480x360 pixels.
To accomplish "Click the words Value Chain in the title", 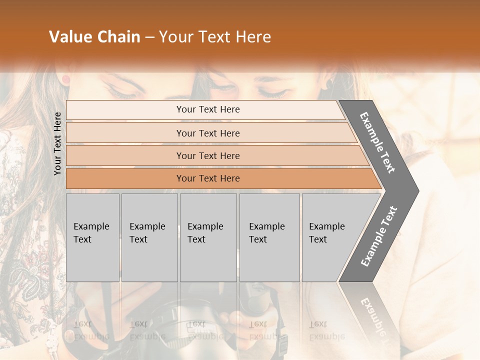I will pyautogui.click(x=94, y=37).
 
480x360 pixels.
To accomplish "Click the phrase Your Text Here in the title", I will pyautogui.click(x=215, y=37).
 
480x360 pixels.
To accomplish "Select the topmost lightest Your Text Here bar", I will pyautogui.click(x=208, y=109).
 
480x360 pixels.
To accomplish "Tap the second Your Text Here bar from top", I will pyautogui.click(x=208, y=133).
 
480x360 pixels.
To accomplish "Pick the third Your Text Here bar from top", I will pyautogui.click(x=208, y=155).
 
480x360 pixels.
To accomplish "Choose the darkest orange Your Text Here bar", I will pyautogui.click(x=208, y=178).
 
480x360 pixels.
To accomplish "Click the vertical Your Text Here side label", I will pyautogui.click(x=57, y=143).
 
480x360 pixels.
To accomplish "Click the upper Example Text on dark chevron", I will pyautogui.click(x=378, y=142).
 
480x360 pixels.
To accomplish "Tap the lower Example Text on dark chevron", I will pyautogui.click(x=379, y=236).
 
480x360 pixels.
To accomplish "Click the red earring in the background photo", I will pyautogui.click(x=65, y=79).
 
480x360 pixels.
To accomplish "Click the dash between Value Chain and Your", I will pyautogui.click(x=149, y=37).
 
